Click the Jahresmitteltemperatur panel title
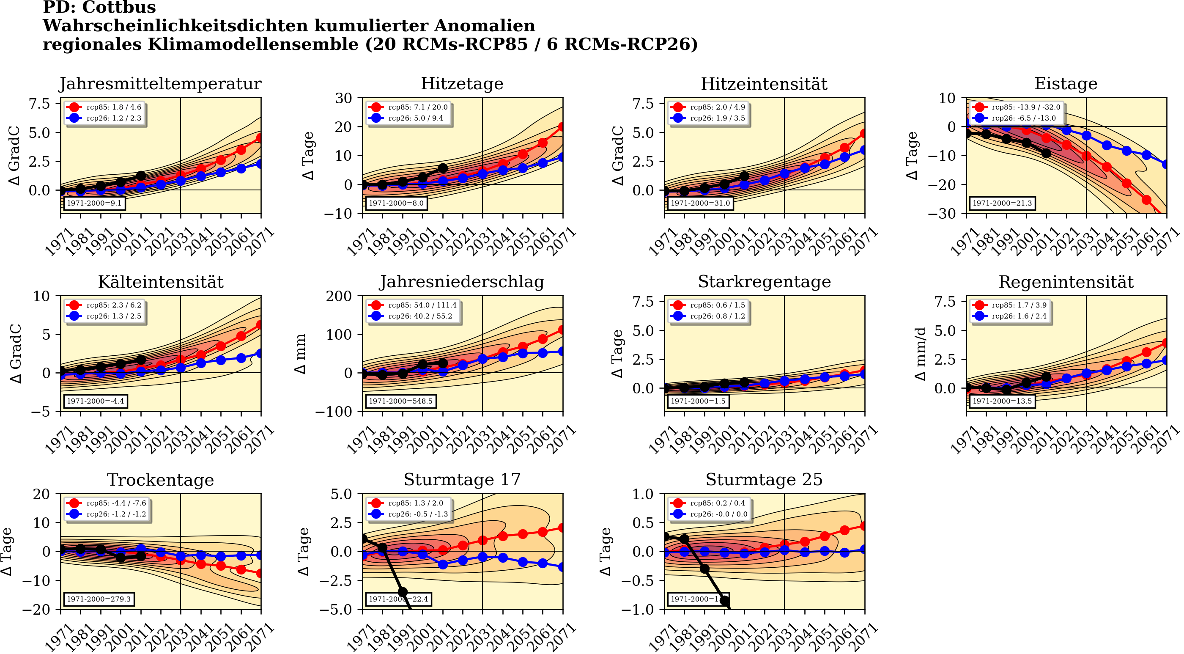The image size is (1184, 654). coord(160,84)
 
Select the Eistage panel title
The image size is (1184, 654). coord(1066,84)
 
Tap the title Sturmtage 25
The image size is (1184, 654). coord(764,480)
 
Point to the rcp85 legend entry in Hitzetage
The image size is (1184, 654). coord(408,107)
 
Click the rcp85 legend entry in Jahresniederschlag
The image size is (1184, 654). coord(413,305)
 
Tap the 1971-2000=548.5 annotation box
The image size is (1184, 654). coord(400,401)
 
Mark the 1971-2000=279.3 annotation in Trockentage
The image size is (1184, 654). coord(99,599)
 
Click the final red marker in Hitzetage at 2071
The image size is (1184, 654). coord(562,127)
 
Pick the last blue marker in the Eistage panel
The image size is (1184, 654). coord(1166,164)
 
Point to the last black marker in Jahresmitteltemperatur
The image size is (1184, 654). coord(141,176)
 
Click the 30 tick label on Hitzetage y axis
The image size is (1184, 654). coord(343,98)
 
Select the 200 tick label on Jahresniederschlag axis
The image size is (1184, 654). coord(339,296)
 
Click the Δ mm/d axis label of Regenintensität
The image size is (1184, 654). coord(920,354)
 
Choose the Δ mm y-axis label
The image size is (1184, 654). coord(300,354)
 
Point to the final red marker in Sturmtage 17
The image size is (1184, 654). coord(562,528)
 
